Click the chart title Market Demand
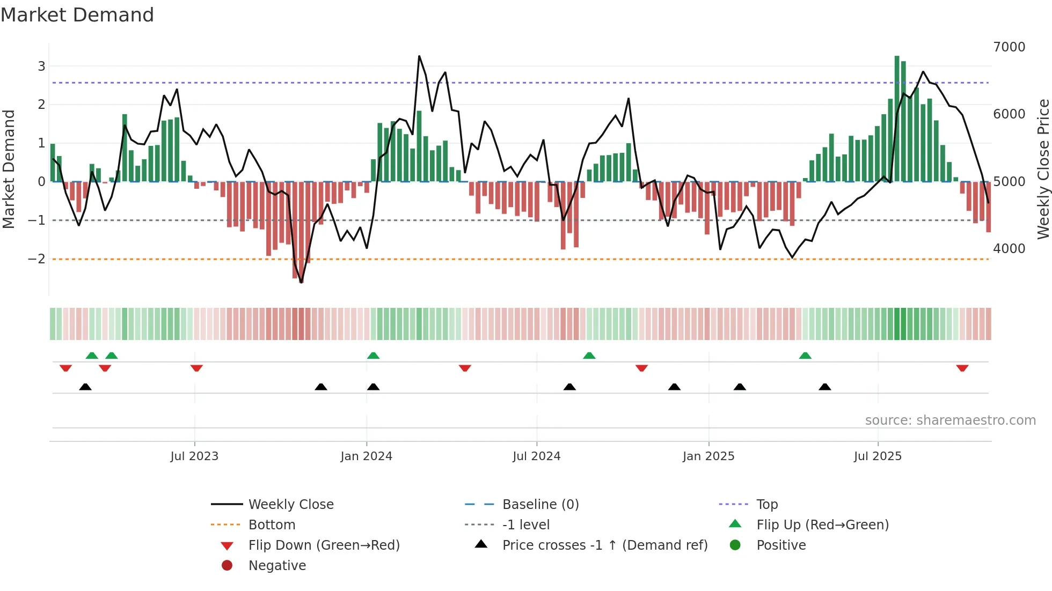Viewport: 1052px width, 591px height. click(77, 15)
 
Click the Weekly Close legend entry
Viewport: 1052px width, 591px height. click(290, 504)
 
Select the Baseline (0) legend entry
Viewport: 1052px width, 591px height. click(540, 504)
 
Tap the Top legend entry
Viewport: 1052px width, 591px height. click(766, 504)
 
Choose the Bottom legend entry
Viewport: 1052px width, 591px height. click(272, 524)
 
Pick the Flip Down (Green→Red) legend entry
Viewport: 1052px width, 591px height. click(324, 545)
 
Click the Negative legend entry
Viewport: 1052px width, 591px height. click(277, 565)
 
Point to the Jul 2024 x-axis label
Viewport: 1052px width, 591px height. click(536, 456)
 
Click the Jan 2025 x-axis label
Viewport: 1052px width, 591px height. click(708, 456)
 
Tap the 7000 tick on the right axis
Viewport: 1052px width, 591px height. click(1009, 47)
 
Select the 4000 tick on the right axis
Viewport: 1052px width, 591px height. click(1009, 249)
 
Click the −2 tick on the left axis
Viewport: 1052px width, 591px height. click(37, 259)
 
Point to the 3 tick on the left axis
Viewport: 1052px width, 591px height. click(41, 67)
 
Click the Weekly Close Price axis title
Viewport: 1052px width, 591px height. click(1043, 169)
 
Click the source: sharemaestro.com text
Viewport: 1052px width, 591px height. click(950, 420)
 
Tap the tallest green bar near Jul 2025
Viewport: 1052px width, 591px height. click(897, 118)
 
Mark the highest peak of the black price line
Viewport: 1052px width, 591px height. click(419, 56)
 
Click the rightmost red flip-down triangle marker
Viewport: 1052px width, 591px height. click(962, 368)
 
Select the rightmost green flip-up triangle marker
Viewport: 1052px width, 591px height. click(805, 356)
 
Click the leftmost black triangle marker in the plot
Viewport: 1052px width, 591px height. click(85, 387)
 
